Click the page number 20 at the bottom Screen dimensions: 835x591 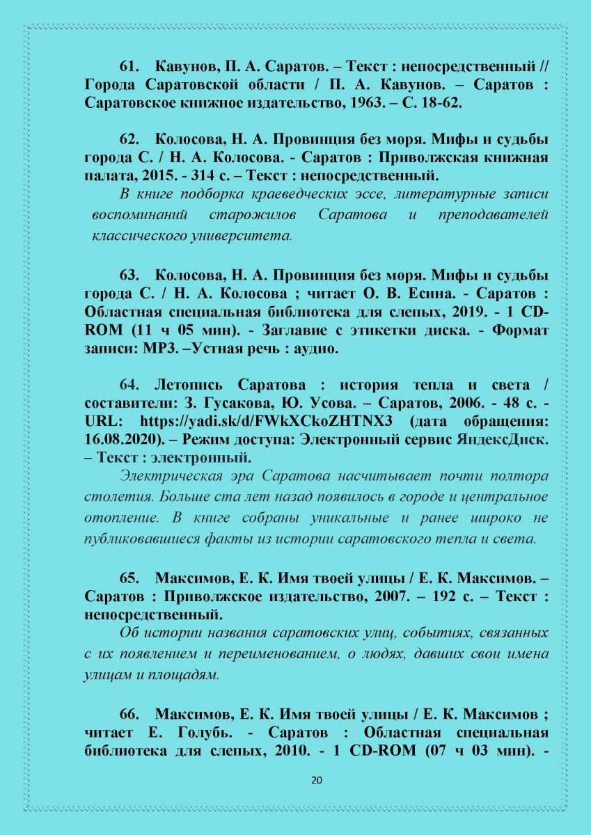pos(317,780)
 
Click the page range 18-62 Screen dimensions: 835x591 pos(442,103)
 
